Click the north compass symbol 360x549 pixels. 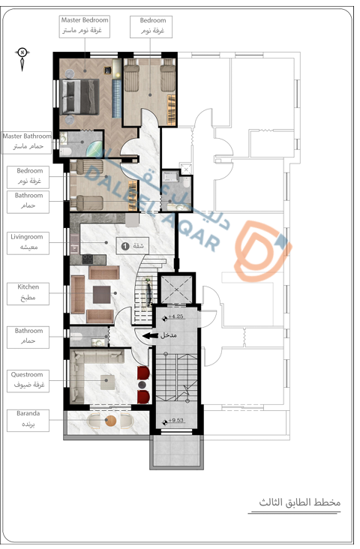click(22, 58)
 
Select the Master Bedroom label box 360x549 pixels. click(85, 26)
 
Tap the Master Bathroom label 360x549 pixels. click(26, 142)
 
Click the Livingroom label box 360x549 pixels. click(28, 243)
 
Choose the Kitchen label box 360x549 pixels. click(28, 294)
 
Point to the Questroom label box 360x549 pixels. click(28, 381)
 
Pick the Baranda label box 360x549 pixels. click(28, 421)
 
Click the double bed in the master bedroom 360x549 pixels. click(79, 97)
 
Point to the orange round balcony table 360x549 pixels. click(111, 420)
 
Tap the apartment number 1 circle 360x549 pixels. click(124, 246)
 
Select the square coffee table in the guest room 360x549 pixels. click(108, 382)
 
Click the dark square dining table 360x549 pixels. click(102, 295)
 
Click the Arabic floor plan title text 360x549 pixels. click(300, 502)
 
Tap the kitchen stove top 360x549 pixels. click(88, 259)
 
